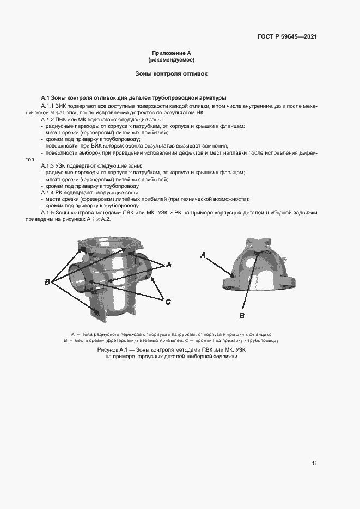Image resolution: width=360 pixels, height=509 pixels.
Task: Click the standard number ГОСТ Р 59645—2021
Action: pyautogui.click(x=287, y=37)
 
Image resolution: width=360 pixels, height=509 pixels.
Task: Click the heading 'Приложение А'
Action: pyautogui.click(x=171, y=53)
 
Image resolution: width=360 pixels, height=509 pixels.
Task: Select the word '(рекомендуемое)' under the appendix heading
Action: pyautogui.click(x=171, y=59)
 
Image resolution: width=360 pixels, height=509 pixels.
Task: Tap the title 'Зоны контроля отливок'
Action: pyautogui.click(x=171, y=73)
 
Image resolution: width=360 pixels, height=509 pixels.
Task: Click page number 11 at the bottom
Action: pyautogui.click(x=314, y=463)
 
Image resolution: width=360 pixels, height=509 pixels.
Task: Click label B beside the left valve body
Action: pyautogui.click(x=47, y=281)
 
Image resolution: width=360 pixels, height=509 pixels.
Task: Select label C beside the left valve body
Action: pyautogui.click(x=168, y=302)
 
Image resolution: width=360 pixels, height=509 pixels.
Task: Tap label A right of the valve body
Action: pyautogui.click(x=169, y=265)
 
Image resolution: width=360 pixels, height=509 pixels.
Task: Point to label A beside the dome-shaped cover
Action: pyautogui.click(x=203, y=255)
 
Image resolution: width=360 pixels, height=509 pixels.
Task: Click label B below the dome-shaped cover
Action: pyautogui.click(x=242, y=315)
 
